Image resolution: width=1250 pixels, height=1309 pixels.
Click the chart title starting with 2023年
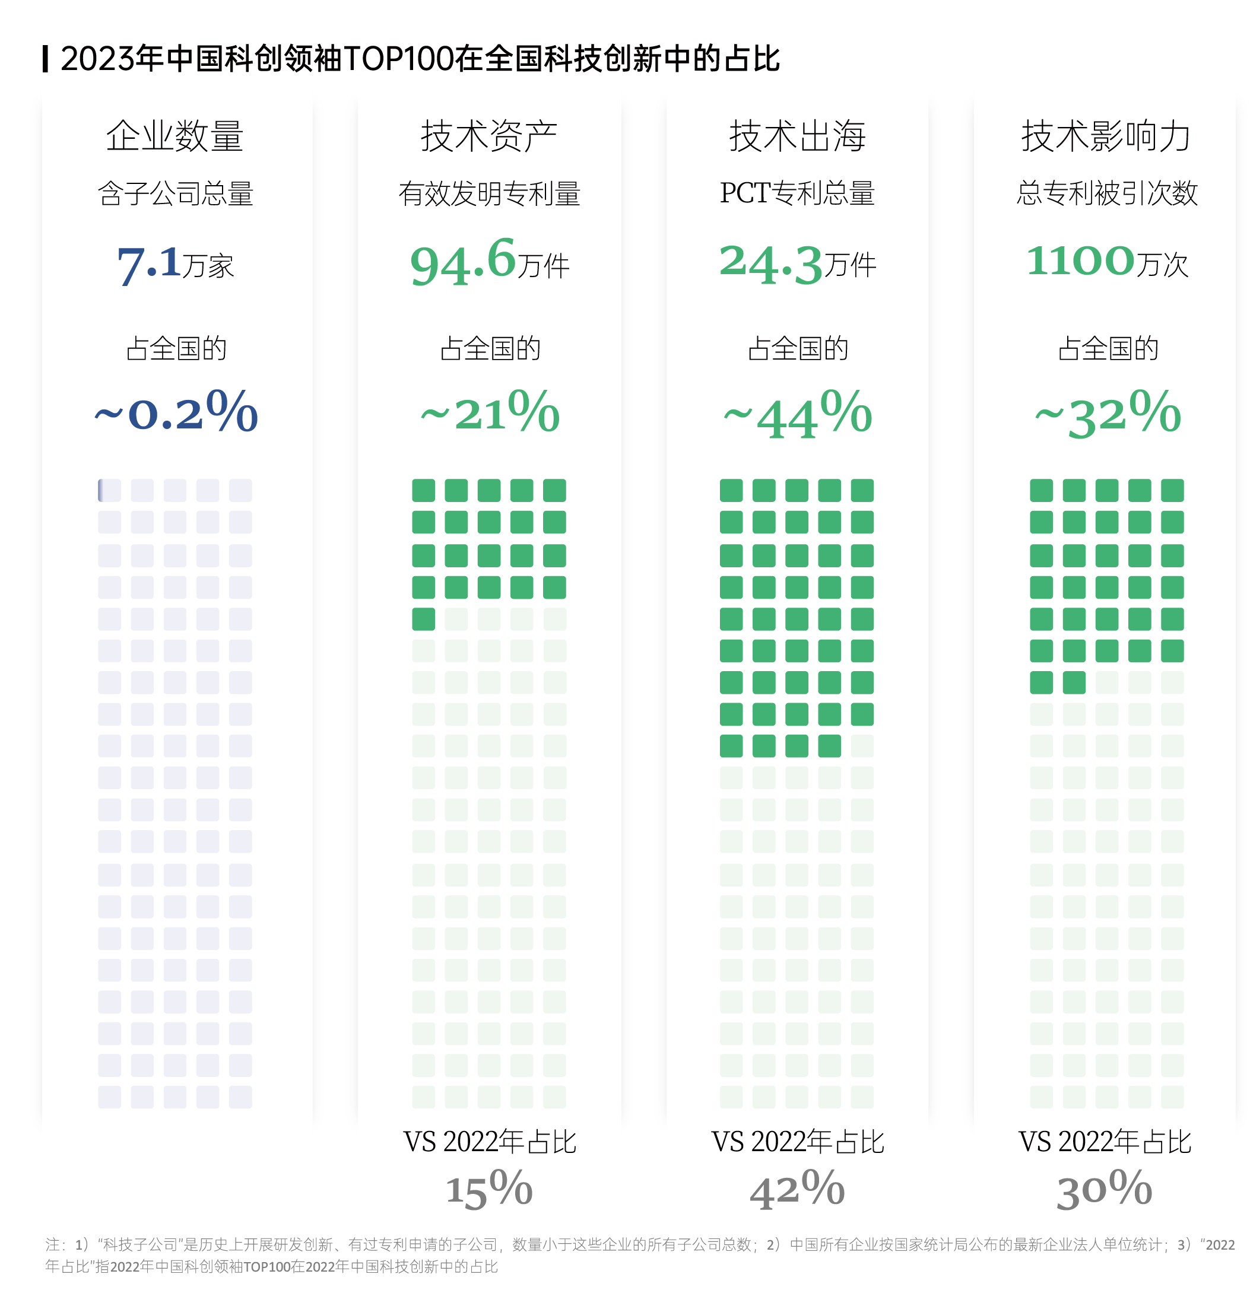point(420,59)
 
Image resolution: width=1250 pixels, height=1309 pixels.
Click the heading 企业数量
point(175,136)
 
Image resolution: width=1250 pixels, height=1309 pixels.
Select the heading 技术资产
point(489,136)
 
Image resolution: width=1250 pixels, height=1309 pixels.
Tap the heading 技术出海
point(798,136)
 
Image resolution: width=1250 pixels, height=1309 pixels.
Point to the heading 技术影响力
point(1106,136)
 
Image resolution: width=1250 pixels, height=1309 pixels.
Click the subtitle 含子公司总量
point(175,194)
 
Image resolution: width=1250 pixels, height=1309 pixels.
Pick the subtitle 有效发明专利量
point(489,194)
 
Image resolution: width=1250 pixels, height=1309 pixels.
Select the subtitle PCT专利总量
point(798,194)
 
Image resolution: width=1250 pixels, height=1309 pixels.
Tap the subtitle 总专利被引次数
point(1107,194)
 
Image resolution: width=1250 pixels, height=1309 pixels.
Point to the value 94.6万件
point(489,262)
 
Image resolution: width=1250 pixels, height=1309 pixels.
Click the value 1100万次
point(1107,262)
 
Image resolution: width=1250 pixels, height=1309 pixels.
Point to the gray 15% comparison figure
point(489,1190)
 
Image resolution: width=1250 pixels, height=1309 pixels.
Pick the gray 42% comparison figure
point(798,1190)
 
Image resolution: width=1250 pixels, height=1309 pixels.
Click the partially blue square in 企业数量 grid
point(109,490)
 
